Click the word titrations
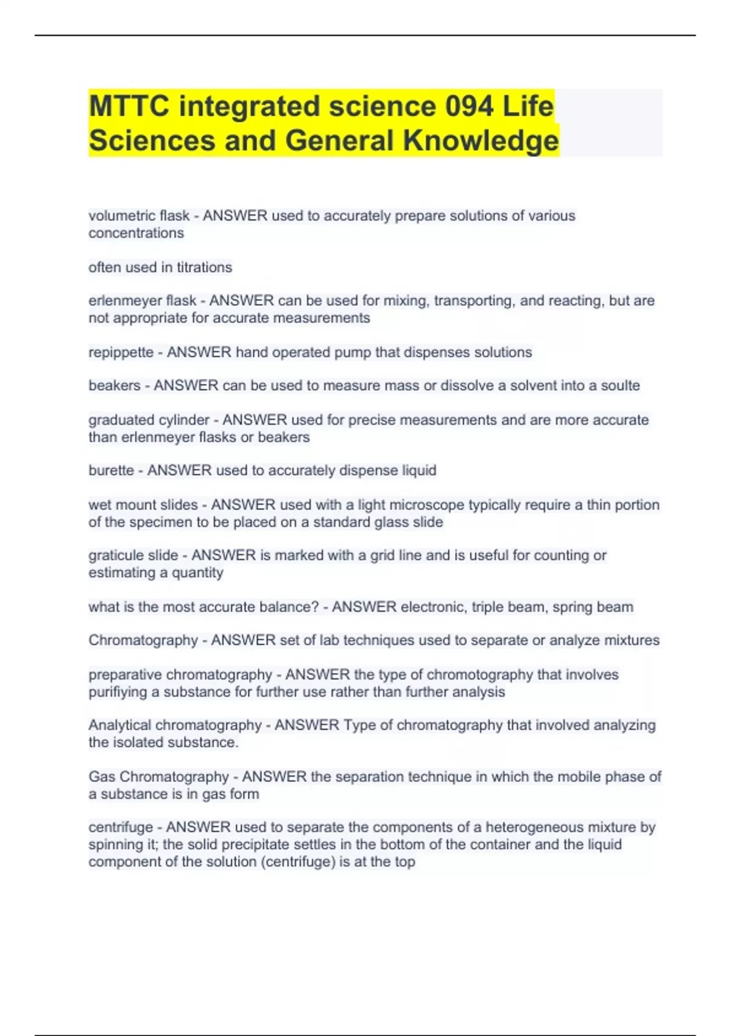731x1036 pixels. click(x=204, y=268)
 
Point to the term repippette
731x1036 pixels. click(x=121, y=352)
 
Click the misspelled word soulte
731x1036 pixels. click(x=620, y=386)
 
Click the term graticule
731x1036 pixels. click(x=116, y=556)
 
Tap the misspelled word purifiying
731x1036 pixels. click(x=118, y=692)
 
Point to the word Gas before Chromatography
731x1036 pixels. click(x=101, y=777)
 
